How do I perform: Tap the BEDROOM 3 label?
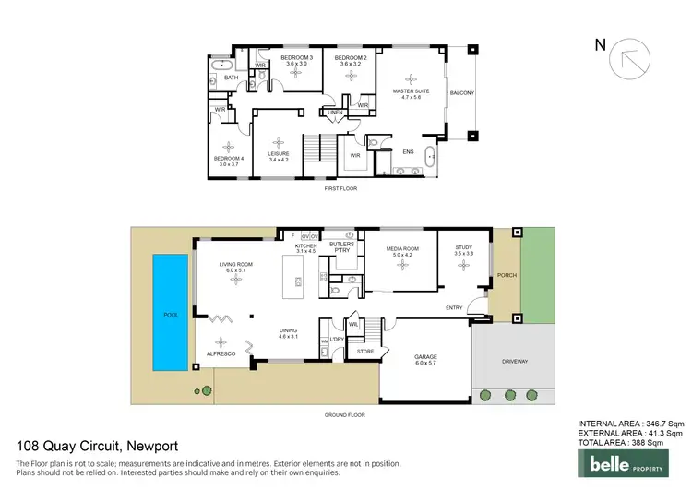(296, 59)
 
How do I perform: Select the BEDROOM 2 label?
(351, 59)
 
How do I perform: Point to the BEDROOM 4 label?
(228, 158)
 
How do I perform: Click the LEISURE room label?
(279, 154)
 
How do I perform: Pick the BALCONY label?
(461, 93)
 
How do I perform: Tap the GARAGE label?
(426, 356)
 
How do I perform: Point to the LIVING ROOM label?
(235, 265)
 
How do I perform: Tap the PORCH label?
(506, 274)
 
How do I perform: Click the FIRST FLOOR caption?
(340, 188)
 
